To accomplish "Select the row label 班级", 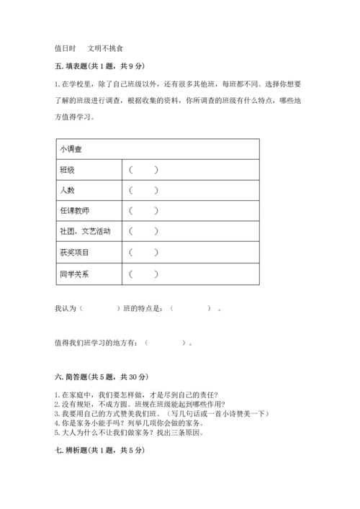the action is [68, 170].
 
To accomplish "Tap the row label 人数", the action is [68, 191].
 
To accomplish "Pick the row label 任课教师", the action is [75, 212].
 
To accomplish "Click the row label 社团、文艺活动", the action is [86, 232].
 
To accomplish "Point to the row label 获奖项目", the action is [75, 253].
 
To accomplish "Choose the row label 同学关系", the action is [75, 274].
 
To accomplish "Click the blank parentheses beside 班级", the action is [143, 170].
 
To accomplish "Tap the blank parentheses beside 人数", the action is [143, 191].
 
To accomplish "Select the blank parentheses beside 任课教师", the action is [143, 212].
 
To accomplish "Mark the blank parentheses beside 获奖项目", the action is [143, 253].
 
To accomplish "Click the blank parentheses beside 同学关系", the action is [143, 274].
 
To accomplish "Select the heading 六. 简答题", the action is [101, 377].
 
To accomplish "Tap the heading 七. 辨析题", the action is [99, 450].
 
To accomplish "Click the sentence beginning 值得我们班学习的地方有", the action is [124, 343].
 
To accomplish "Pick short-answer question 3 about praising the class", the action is [161, 413].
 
